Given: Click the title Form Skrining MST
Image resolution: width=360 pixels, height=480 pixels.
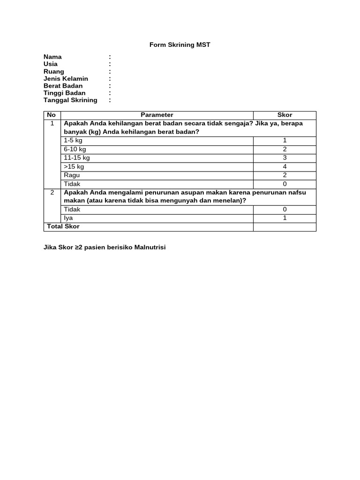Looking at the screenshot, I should click(x=180, y=45).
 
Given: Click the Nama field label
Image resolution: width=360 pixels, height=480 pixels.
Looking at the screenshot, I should click(x=52, y=57).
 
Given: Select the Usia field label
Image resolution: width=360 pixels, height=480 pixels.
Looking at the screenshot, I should click(x=51, y=64).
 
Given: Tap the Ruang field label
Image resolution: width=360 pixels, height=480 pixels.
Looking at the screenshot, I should click(x=54, y=72).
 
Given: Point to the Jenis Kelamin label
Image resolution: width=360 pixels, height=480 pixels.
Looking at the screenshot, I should click(x=66, y=79).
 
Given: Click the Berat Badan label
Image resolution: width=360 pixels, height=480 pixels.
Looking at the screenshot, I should click(x=63, y=86).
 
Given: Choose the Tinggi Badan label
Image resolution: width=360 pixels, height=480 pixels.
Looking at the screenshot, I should click(x=64, y=93).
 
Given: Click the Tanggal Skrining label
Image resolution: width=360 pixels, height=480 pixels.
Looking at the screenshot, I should click(x=70, y=100).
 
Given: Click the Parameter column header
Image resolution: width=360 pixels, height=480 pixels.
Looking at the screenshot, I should click(x=157, y=115).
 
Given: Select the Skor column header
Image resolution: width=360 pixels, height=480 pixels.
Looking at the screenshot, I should click(x=285, y=115).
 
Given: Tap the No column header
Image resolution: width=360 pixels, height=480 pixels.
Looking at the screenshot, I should click(x=52, y=115).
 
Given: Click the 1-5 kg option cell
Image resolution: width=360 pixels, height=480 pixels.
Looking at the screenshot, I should click(x=73, y=141).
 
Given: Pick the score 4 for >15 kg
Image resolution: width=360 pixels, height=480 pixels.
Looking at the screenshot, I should click(x=285, y=166).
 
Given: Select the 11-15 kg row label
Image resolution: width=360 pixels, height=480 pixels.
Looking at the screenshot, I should click(x=77, y=158).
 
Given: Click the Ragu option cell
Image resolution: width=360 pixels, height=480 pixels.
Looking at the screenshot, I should click(x=72, y=175).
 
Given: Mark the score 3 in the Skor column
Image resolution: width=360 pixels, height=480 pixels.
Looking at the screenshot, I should click(x=285, y=158).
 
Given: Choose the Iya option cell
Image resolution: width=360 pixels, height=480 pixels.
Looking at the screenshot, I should click(x=68, y=218).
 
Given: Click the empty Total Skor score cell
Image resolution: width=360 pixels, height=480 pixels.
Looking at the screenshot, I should click(x=285, y=227).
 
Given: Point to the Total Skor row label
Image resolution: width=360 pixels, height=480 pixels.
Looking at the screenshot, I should click(x=63, y=226).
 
